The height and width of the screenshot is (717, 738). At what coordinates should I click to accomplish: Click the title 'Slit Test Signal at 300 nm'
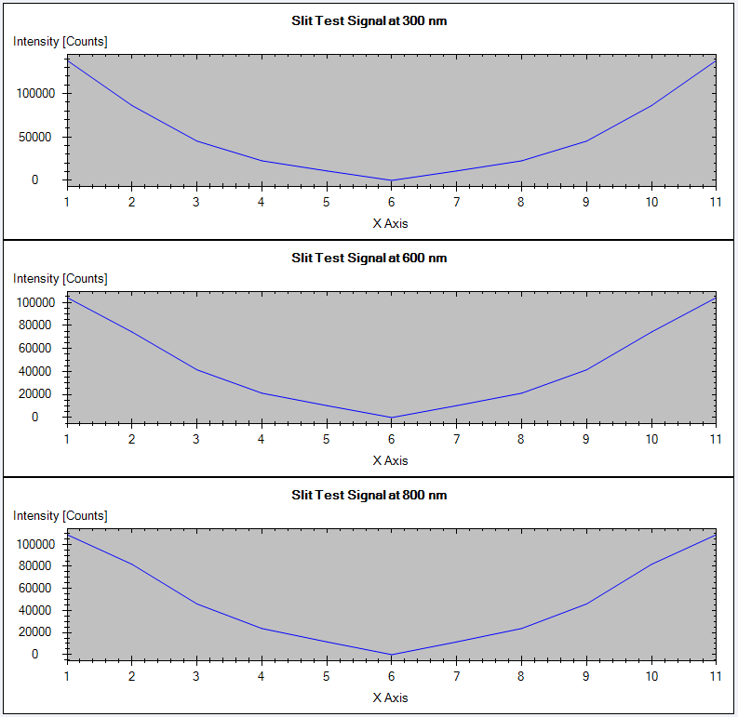point(369,20)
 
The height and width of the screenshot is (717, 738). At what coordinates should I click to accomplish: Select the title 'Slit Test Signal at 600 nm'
point(369,258)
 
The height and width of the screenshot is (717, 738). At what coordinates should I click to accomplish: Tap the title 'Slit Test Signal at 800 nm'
point(369,495)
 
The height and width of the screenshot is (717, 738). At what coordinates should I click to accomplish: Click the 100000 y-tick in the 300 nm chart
point(34,94)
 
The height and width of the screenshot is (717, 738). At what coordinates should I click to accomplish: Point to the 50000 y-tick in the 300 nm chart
point(36,138)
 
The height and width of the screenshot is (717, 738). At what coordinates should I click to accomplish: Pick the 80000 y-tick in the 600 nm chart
point(36,325)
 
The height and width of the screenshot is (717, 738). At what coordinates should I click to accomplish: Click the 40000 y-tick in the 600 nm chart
point(36,371)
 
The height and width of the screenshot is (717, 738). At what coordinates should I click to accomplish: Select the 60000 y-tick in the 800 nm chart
point(36,588)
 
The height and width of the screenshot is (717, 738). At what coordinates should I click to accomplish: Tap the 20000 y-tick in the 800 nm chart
point(36,632)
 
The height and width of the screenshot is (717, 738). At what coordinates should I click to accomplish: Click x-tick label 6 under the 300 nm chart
point(391,202)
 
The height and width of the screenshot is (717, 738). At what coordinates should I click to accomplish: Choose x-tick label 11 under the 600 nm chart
point(715,439)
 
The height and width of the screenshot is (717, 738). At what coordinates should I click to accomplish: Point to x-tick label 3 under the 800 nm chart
point(196,676)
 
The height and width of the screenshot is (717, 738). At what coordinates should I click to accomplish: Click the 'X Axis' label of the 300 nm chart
point(390,223)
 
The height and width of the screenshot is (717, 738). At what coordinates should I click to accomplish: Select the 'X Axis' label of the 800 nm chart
point(390,697)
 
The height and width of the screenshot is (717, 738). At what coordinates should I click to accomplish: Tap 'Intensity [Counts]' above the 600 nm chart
point(60,279)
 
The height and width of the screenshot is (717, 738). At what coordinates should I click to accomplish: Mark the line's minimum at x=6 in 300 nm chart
point(391,180)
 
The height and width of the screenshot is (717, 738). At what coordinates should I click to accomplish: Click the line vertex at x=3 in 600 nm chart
point(196,370)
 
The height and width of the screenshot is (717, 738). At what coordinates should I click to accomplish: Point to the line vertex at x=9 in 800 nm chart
point(585,604)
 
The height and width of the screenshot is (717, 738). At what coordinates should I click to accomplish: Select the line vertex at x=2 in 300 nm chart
point(132,105)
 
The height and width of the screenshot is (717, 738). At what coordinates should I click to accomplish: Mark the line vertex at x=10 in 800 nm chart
point(651,564)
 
